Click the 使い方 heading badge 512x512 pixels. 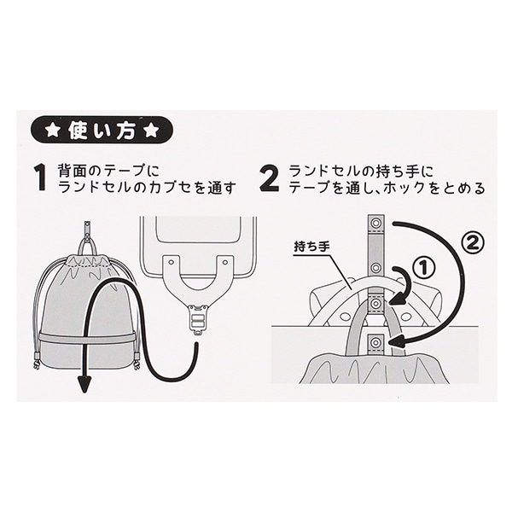pyautogui.click(x=102, y=131)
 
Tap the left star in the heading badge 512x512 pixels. pyautogui.click(x=53, y=131)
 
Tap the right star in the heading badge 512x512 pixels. pyautogui.click(x=151, y=131)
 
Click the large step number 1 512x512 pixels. pyautogui.click(x=40, y=178)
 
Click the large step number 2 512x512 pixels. pyautogui.click(x=270, y=178)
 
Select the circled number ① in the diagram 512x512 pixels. pyautogui.click(x=422, y=268)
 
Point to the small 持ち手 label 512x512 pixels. pyautogui.click(x=312, y=247)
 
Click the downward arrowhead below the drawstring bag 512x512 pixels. pyautogui.click(x=84, y=382)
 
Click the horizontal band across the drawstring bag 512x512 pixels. pyautogui.click(x=87, y=335)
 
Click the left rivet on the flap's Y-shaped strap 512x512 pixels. pyautogui.click(x=170, y=262)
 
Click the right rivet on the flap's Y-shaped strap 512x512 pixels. pyautogui.click(x=225, y=262)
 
